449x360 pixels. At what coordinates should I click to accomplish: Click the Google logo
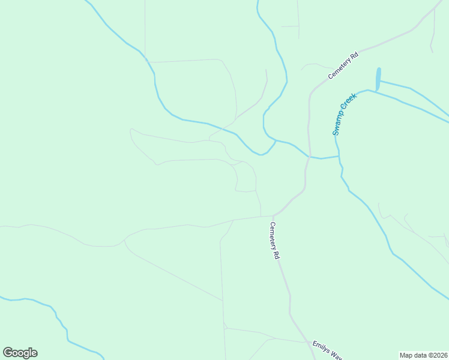click(x=20, y=353)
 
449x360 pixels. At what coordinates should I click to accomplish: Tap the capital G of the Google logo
click(x=8, y=353)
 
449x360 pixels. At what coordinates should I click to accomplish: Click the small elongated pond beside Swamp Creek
click(x=378, y=78)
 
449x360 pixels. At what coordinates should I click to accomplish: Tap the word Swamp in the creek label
click(x=339, y=122)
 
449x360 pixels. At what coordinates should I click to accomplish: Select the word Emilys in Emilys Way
click(x=320, y=346)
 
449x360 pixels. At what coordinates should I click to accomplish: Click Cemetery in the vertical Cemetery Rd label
click(x=273, y=235)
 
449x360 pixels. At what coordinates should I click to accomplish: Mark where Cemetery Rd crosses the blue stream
click(x=309, y=157)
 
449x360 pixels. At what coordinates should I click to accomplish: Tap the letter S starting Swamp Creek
click(x=336, y=132)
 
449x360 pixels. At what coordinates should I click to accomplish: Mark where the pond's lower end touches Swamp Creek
click(x=377, y=91)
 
